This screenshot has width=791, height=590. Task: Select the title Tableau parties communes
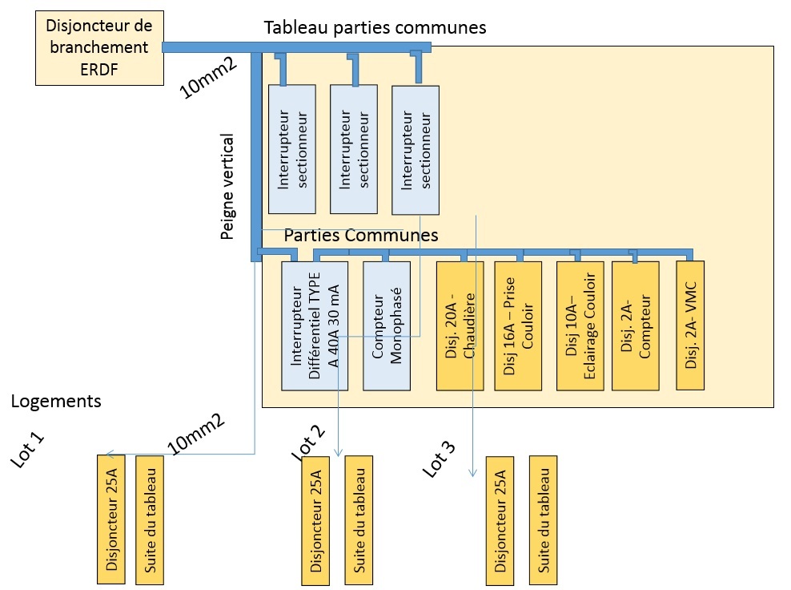[x=375, y=26]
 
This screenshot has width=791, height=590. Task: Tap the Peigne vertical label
[x=228, y=186]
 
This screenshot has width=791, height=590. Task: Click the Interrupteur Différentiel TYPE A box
[x=315, y=325]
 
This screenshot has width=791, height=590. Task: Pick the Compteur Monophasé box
[x=385, y=325]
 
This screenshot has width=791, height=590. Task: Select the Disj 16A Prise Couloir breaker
[x=519, y=325]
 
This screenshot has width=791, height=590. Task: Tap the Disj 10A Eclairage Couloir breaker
[x=580, y=325]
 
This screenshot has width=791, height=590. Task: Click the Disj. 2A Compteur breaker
[x=635, y=325]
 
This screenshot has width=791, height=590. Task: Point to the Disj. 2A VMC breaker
[x=690, y=325]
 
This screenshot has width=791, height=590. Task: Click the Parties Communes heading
[x=361, y=236]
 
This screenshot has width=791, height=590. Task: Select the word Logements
[x=56, y=401]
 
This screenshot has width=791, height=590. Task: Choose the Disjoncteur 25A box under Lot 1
[x=111, y=519]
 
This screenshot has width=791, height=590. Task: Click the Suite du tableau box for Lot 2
[x=359, y=521]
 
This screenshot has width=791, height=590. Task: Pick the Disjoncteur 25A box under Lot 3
[x=500, y=521]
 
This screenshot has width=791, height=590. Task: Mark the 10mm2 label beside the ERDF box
[x=208, y=78]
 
